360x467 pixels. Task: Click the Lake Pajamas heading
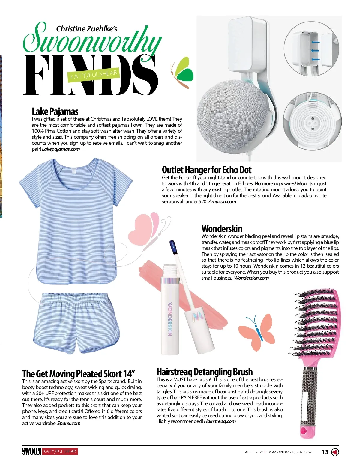tap(55, 112)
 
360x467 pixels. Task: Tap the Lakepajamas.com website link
tap(61, 149)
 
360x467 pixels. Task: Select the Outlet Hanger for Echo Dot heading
tap(206, 170)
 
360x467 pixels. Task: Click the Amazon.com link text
tap(222, 201)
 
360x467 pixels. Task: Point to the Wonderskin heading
tap(222, 228)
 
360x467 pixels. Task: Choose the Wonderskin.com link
tap(251, 278)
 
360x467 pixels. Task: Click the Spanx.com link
tap(69, 423)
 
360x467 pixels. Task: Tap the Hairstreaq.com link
tap(220, 421)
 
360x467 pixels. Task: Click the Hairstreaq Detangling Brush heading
tap(205, 372)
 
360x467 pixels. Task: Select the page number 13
tap(325, 452)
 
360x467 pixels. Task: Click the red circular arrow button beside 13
tap(335, 452)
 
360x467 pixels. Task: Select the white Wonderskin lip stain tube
tap(170, 315)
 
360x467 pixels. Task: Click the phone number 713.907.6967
tap(301, 452)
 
